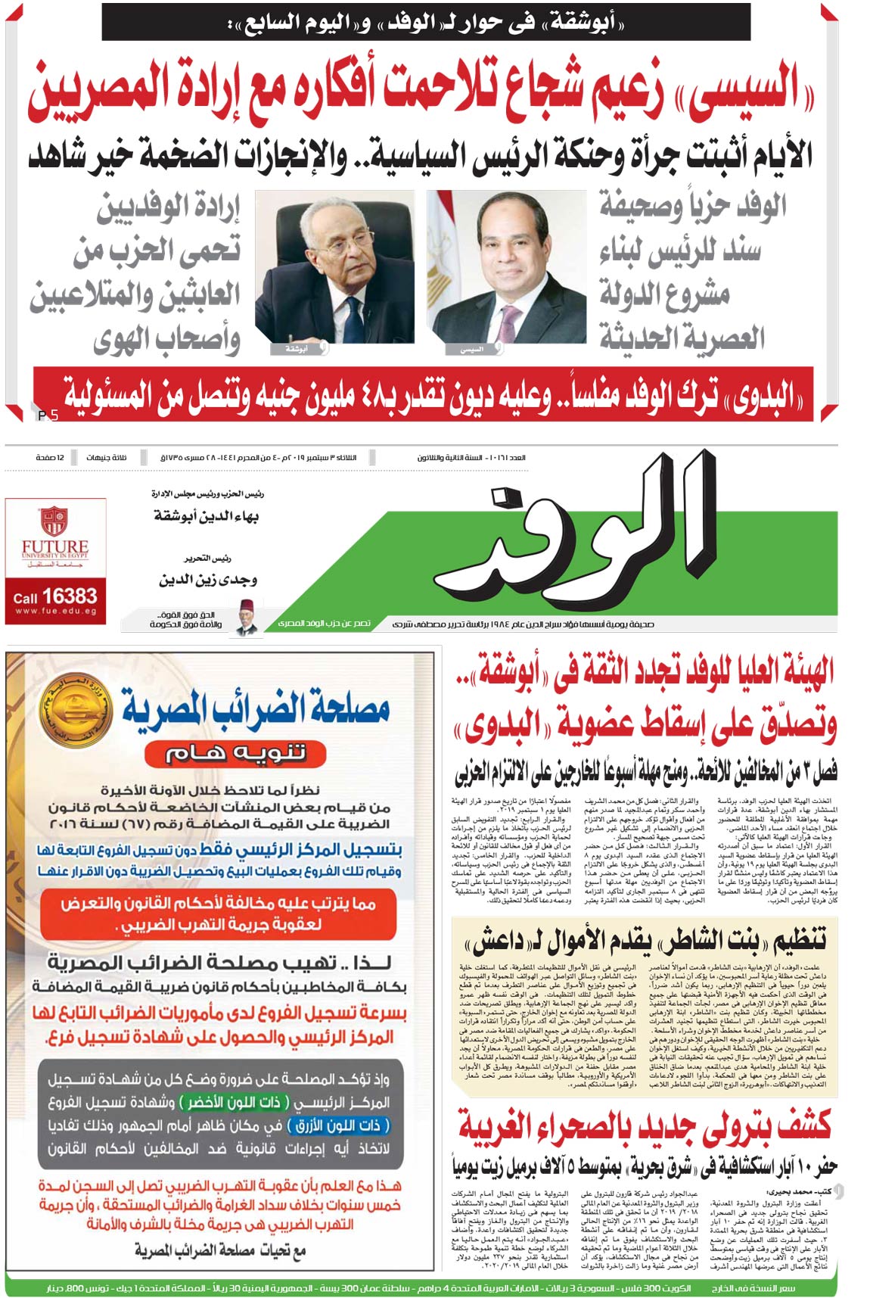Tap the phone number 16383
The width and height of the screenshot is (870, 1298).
tap(69, 596)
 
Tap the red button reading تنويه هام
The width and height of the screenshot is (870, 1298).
tap(235, 752)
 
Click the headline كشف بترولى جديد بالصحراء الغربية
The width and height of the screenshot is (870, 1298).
tap(645, 1123)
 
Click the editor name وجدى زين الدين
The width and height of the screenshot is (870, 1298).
tap(207, 580)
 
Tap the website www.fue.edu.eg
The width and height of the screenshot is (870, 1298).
tap(55, 612)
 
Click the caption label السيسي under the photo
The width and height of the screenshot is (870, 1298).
tap(471, 350)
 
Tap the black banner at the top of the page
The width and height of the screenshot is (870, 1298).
tap(426, 23)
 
